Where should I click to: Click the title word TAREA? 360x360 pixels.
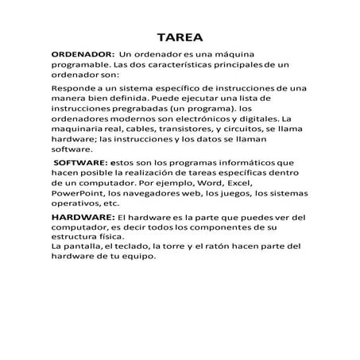click(180, 37)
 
